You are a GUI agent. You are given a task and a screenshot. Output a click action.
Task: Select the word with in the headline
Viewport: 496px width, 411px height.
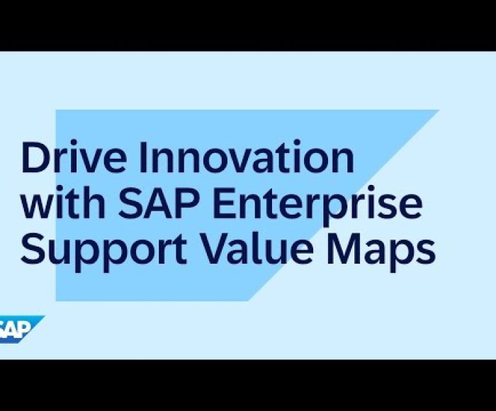pyautogui.click(x=63, y=203)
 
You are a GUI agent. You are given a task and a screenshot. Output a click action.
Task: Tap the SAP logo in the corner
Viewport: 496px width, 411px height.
pyautogui.click(x=21, y=329)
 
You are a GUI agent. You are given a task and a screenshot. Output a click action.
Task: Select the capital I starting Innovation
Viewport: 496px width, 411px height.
pyautogui.click(x=143, y=157)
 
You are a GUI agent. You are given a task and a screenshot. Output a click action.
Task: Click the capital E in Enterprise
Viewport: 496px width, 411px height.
pyautogui.click(x=225, y=203)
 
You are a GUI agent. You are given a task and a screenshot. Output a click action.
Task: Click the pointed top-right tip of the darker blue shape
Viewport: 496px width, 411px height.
pyautogui.click(x=439, y=110)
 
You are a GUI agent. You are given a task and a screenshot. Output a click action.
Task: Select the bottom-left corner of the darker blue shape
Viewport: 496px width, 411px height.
pyautogui.click(x=56, y=301)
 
